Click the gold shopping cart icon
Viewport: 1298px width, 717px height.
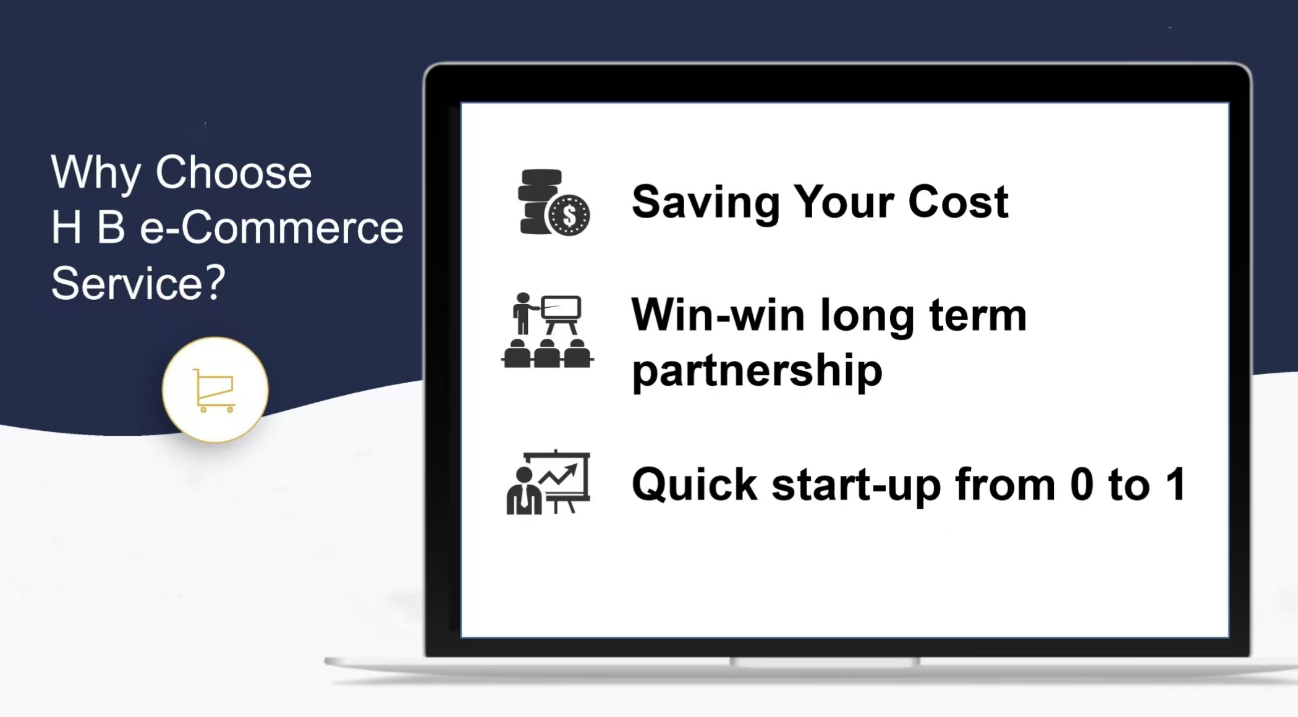pyautogui.click(x=214, y=390)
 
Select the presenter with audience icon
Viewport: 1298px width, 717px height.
pyautogui.click(x=548, y=330)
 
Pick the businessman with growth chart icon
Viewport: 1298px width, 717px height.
pyautogui.click(x=548, y=482)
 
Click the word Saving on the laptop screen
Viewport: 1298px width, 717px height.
pyautogui.click(x=705, y=203)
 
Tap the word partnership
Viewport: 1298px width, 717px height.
pyautogui.click(x=757, y=371)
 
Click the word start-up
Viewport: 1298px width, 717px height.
pyautogui.click(x=856, y=485)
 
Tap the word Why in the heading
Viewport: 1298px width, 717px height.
pyautogui.click(x=96, y=173)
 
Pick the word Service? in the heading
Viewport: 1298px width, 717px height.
pyautogui.click(x=138, y=283)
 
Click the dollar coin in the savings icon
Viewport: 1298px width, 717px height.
pyautogui.click(x=569, y=215)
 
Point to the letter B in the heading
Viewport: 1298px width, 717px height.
pyautogui.click(x=111, y=227)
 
